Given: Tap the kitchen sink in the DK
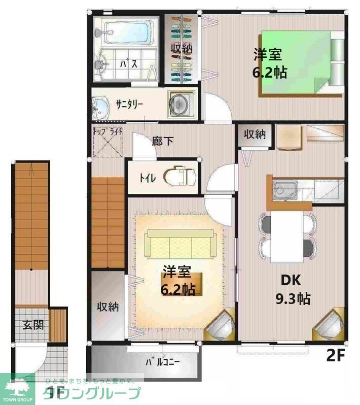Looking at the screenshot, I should click(282, 191).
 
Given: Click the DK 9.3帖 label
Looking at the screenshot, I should click(292, 289).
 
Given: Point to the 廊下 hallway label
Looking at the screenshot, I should click(162, 141).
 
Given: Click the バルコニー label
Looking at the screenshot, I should click(163, 362).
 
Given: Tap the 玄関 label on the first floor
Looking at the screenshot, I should click(31, 325).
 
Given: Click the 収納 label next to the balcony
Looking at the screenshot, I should click(108, 307).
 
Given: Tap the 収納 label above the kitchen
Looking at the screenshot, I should click(255, 134).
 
